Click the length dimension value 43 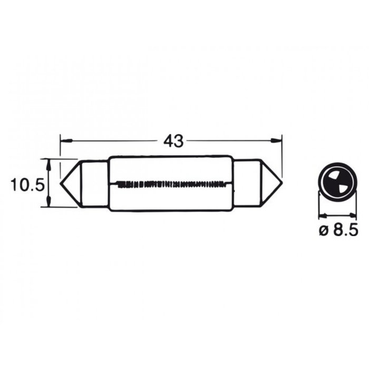click(x=172, y=141)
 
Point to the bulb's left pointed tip click(x=61, y=184)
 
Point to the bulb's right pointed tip click(x=283, y=184)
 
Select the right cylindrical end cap click(x=248, y=184)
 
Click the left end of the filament click(x=117, y=184)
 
